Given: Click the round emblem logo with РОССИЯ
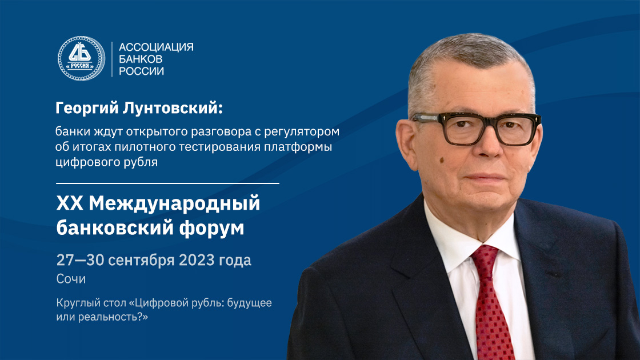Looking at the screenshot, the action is (x=81, y=58).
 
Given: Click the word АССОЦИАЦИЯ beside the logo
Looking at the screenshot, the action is (x=156, y=47).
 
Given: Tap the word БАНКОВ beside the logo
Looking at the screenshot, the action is (x=141, y=59).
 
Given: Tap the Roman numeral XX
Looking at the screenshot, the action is (x=69, y=203).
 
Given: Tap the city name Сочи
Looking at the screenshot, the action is (x=71, y=279).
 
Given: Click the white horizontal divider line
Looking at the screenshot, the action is (x=167, y=183).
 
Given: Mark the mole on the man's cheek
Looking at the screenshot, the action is (x=442, y=161).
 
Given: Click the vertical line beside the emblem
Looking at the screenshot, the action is (x=112, y=59).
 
